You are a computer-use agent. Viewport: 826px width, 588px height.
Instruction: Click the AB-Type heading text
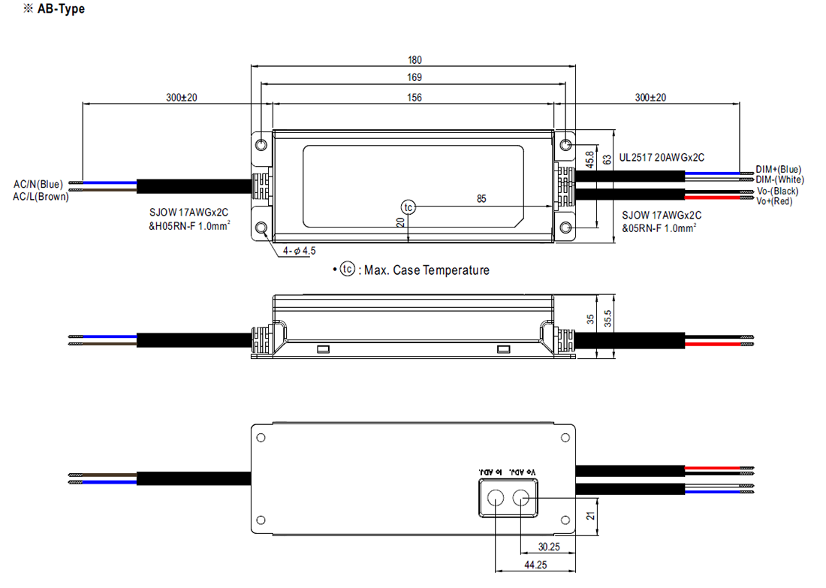[x=61, y=10]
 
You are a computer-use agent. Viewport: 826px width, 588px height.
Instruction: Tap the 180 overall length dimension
[x=415, y=60]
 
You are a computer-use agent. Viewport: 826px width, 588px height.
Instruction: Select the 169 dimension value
[x=415, y=77]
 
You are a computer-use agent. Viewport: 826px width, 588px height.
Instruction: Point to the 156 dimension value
[x=415, y=97]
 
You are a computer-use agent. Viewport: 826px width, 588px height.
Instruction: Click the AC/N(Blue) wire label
[x=38, y=184]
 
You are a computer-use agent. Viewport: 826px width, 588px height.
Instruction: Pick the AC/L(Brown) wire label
[x=41, y=197]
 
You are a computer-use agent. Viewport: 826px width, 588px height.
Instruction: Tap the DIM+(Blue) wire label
[x=779, y=170]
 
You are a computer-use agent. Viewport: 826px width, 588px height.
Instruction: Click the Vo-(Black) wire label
[x=777, y=191]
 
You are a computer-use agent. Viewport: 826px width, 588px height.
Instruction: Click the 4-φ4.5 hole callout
[x=300, y=252]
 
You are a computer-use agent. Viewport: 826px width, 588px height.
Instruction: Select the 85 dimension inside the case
[x=481, y=199]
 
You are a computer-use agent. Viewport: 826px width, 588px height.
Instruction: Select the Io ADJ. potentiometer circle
[x=496, y=498]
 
